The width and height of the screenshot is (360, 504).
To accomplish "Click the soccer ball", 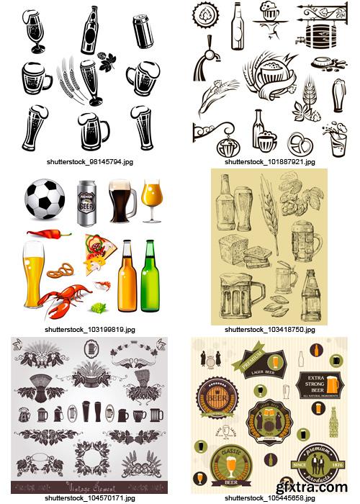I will pos(44,199).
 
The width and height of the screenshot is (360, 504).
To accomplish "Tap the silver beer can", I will pos(87,202).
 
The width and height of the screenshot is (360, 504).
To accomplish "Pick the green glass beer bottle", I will pos(150,278).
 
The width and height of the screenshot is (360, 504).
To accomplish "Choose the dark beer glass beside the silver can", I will pos(120,201).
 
